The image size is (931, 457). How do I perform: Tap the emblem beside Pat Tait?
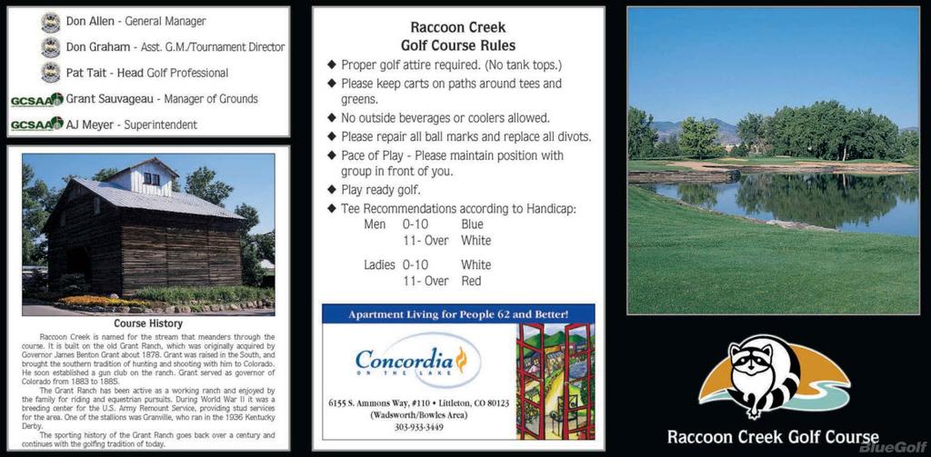tap(51, 73)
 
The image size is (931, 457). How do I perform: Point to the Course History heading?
tap(148, 323)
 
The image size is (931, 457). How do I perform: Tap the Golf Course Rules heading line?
tap(457, 45)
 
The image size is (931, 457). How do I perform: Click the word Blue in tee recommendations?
tap(472, 224)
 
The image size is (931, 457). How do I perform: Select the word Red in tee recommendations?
tap(471, 282)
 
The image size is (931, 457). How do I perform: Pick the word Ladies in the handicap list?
tap(379, 265)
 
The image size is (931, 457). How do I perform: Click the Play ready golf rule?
tap(380, 190)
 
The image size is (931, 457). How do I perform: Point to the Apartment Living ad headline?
tap(458, 314)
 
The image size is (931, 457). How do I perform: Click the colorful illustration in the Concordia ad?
tap(554, 381)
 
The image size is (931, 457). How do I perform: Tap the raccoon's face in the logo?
tap(754, 362)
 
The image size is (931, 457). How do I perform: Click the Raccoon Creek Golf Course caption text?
tap(773, 437)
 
